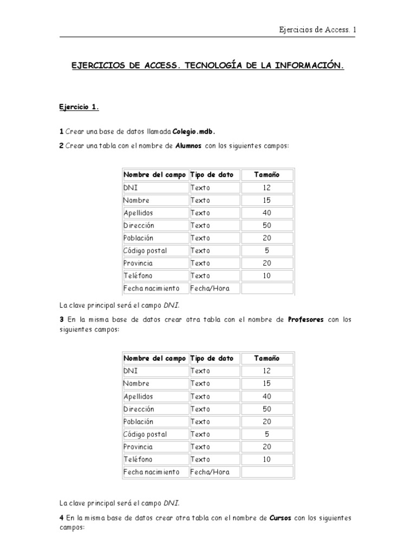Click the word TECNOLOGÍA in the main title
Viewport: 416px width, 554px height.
click(214, 65)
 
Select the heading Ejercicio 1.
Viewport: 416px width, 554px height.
click(79, 107)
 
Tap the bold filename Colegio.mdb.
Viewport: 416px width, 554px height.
click(197, 131)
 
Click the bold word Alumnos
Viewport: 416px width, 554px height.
click(189, 146)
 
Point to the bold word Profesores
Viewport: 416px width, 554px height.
click(306, 320)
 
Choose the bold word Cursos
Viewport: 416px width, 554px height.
click(280, 518)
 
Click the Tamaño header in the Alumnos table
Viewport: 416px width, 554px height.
click(267, 175)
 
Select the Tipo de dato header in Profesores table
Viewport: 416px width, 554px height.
click(212, 358)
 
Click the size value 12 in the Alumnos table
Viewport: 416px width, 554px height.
click(267, 188)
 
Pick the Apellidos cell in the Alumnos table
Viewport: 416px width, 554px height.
click(138, 213)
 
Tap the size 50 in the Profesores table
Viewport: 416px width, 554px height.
click(267, 409)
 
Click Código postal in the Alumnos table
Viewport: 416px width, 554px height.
click(145, 250)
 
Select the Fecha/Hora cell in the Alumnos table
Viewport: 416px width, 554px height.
click(210, 288)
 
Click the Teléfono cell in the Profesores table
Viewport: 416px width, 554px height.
click(138, 459)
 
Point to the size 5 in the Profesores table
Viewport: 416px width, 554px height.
click(267, 434)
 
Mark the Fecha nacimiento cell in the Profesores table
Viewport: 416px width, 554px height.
click(151, 472)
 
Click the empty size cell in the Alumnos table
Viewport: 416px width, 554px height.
click(267, 288)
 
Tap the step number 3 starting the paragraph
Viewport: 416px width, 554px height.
click(62, 320)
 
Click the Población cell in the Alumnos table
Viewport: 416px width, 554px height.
click(139, 238)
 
